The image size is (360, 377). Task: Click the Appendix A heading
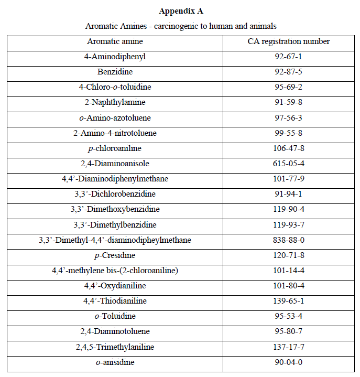pyautogui.click(x=181, y=10)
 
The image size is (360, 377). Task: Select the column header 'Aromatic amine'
pyautogui.click(x=115, y=41)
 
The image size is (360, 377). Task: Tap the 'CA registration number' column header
pyautogui.click(x=289, y=41)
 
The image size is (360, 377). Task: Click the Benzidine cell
pyautogui.click(x=115, y=71)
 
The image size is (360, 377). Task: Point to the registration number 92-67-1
pyautogui.click(x=289, y=56)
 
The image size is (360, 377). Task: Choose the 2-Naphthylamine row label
pyautogui.click(x=115, y=102)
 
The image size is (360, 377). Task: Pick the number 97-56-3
pyautogui.click(x=289, y=117)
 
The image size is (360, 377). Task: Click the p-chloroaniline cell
pyautogui.click(x=115, y=148)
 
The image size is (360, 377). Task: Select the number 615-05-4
pyautogui.click(x=289, y=163)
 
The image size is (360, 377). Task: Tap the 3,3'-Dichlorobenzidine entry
pyautogui.click(x=115, y=194)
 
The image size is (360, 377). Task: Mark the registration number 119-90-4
pyautogui.click(x=289, y=209)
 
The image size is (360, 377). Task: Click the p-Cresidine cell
pyautogui.click(x=115, y=255)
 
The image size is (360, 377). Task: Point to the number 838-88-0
pyautogui.click(x=289, y=240)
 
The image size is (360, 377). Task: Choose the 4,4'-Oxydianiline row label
pyautogui.click(x=115, y=286)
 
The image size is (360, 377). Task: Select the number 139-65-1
pyautogui.click(x=289, y=301)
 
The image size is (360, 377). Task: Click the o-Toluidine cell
pyautogui.click(x=115, y=316)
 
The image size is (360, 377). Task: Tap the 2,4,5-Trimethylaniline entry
pyautogui.click(x=115, y=347)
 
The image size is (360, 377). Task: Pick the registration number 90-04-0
pyautogui.click(x=289, y=362)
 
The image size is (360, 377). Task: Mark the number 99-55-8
pyautogui.click(x=289, y=133)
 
